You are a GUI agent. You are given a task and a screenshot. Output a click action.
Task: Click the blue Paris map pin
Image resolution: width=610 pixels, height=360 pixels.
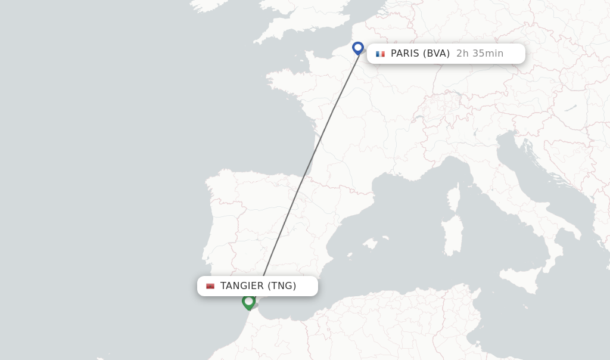pos(358,48)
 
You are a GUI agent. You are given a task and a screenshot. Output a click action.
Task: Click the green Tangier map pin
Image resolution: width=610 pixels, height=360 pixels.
pos(248,302)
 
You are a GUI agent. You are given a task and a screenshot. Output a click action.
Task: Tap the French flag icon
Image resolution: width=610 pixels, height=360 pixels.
pos(380,54)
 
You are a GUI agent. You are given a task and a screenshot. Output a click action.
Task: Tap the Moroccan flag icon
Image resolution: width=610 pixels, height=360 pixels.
pos(210,286)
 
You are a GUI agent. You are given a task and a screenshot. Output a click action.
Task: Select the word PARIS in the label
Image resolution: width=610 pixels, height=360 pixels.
pos(405,54)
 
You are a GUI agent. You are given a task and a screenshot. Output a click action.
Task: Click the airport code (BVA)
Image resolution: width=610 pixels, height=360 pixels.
pos(436,54)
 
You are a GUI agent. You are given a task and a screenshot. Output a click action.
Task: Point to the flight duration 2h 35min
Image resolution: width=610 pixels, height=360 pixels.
pos(480,54)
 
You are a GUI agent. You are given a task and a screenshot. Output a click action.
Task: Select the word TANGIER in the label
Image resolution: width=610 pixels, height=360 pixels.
pos(242,286)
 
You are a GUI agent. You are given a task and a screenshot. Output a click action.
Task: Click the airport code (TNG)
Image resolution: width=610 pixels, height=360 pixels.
pos(282,286)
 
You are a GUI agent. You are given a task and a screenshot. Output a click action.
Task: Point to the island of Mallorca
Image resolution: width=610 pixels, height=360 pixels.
pos(370,243)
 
